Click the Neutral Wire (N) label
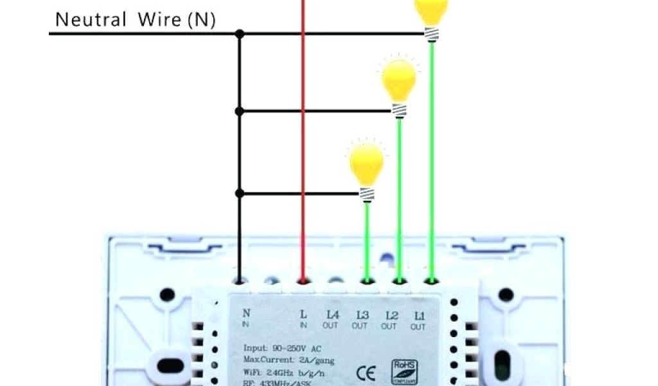(135, 19)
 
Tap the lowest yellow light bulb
(367, 165)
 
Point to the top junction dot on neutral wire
(240, 33)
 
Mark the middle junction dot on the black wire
(240, 111)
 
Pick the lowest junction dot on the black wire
(240, 193)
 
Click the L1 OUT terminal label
(418, 320)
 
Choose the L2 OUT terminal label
(389, 320)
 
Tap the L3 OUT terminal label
(360, 320)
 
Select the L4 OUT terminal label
(332, 320)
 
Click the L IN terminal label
(303, 319)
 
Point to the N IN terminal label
(246, 318)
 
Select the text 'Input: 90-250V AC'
(283, 348)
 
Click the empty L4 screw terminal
(334, 280)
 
